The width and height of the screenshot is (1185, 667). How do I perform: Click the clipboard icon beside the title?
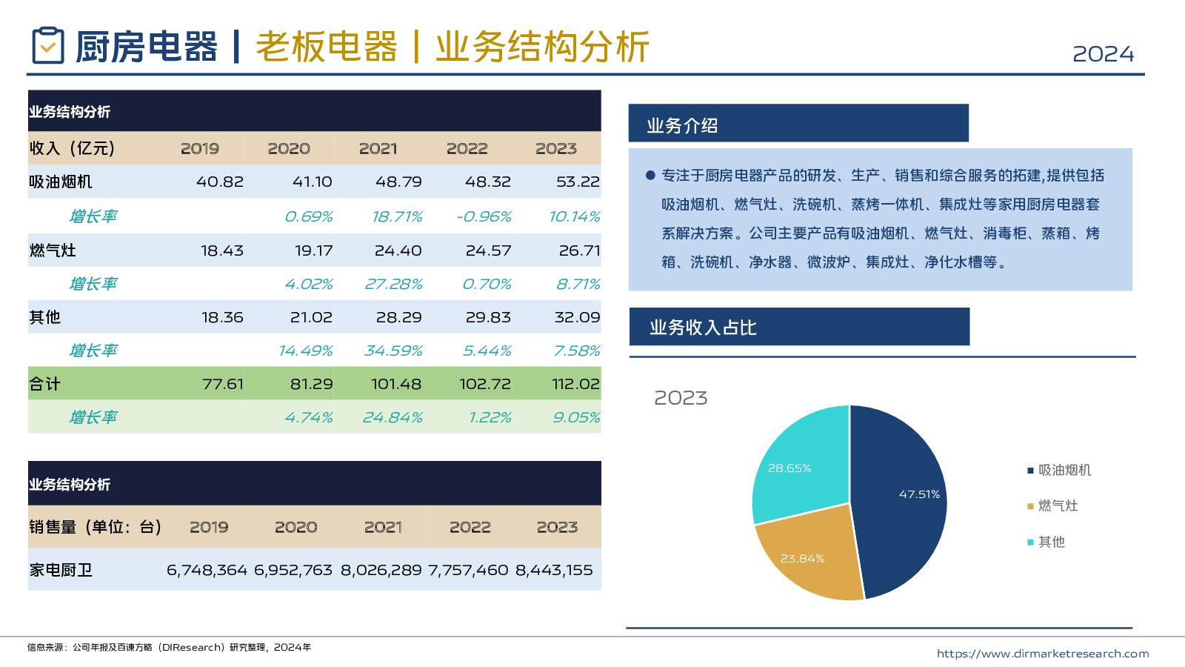point(48,46)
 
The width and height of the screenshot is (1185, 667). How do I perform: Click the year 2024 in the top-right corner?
point(1103,54)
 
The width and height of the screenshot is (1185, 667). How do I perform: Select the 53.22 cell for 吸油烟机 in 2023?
point(578,182)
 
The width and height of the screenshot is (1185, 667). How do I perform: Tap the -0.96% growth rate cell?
point(484,216)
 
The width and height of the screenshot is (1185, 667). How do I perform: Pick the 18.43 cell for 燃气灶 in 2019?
point(221,250)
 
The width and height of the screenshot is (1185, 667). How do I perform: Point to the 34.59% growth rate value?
point(393,351)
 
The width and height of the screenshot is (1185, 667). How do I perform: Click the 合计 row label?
point(45,384)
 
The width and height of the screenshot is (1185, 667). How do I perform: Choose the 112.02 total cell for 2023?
point(575,384)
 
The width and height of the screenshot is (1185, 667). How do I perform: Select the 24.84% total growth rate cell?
point(393,417)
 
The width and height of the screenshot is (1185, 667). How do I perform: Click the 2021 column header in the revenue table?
point(378,149)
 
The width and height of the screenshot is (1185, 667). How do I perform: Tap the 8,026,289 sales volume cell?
point(381,570)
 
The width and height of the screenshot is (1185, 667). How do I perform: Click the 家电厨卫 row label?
point(61,570)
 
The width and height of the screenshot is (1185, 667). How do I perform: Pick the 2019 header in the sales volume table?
point(209,527)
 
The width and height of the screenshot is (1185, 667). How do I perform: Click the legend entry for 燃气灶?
point(1058,506)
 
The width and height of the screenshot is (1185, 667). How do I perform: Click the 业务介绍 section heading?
point(682,126)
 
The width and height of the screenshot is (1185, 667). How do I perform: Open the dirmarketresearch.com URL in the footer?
point(1042,654)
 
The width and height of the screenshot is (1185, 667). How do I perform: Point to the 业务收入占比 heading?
point(703,328)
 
